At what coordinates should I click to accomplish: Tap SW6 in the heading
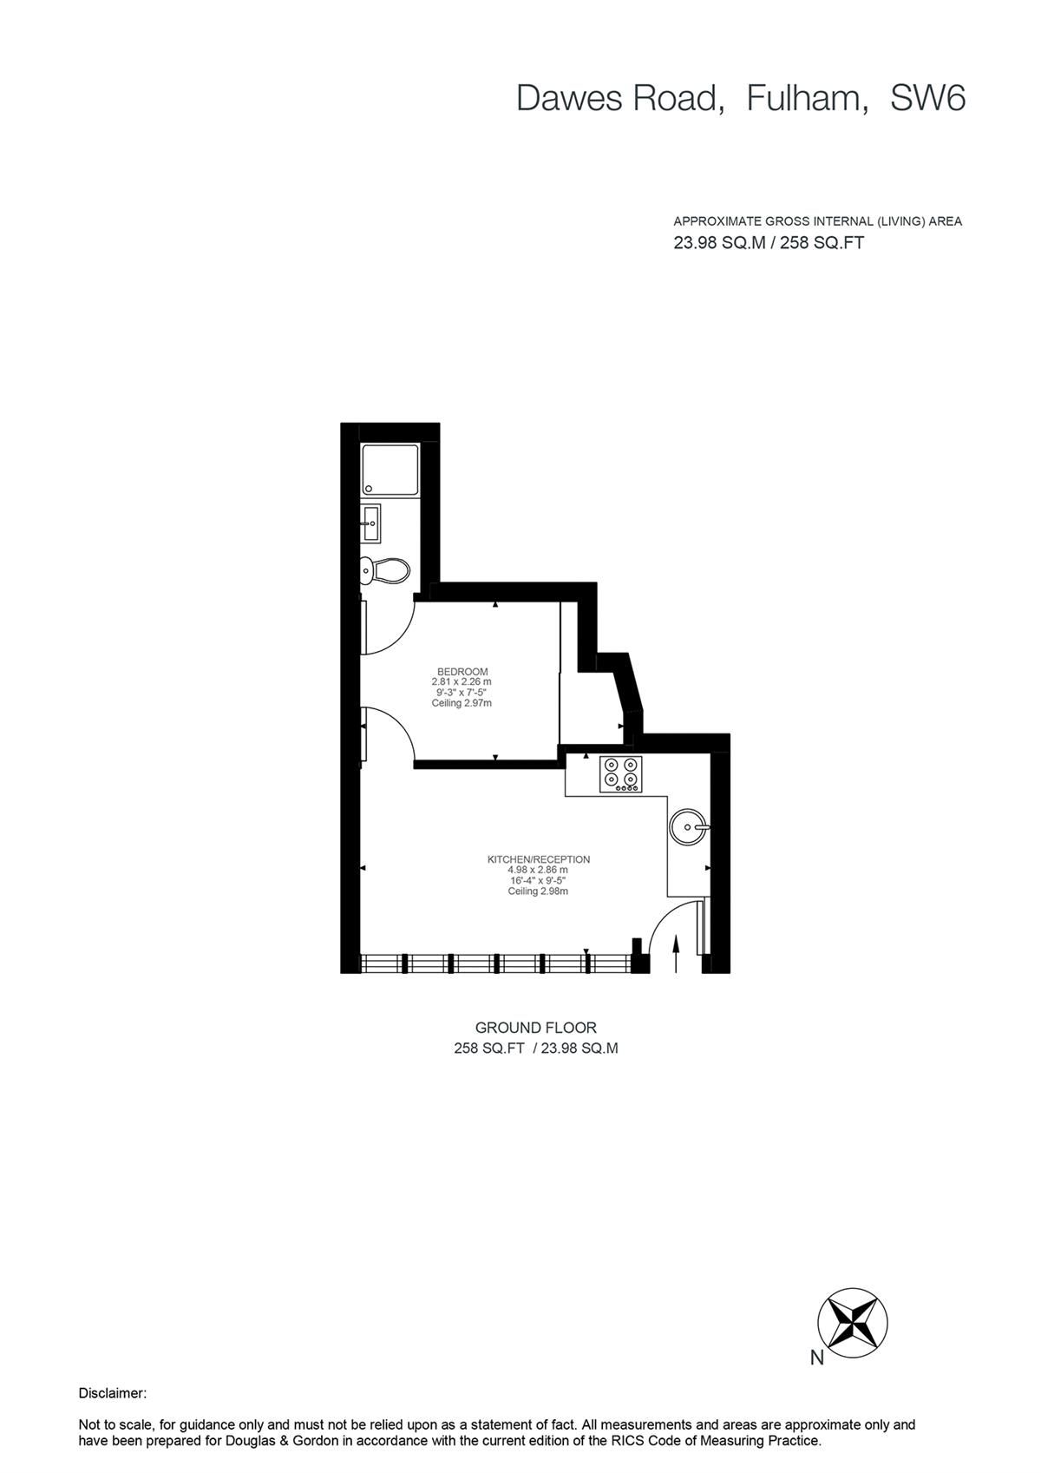tap(927, 99)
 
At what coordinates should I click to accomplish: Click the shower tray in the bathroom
tap(390, 471)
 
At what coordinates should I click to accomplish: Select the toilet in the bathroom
tap(385, 570)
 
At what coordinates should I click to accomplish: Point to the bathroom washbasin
tap(371, 521)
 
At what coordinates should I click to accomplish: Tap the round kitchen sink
tap(688, 825)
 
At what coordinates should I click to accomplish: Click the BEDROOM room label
tap(462, 671)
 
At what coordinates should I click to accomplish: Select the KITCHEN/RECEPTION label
tap(538, 859)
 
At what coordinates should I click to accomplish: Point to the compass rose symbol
tap(852, 1323)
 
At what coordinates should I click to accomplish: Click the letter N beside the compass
tap(816, 1359)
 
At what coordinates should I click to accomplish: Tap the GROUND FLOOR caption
tap(535, 1028)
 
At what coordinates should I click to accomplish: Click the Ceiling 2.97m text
tap(462, 703)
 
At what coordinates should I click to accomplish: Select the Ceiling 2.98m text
tap(538, 891)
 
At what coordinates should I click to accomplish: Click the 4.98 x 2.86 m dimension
tap(538, 870)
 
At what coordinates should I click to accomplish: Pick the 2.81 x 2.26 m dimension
tap(462, 682)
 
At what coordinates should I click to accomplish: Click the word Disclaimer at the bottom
tap(113, 1393)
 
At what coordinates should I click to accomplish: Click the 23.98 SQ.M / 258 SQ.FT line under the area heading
tap(769, 243)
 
